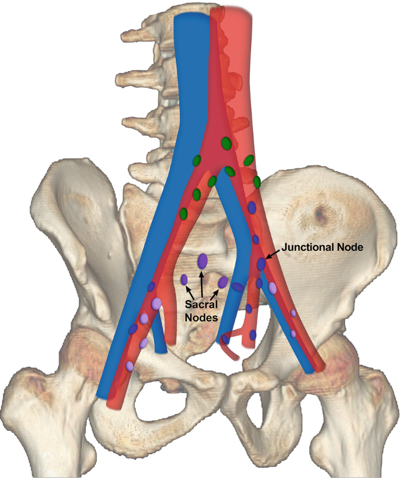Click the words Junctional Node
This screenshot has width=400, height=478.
tap(323, 247)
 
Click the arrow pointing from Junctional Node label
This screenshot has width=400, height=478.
tap(273, 253)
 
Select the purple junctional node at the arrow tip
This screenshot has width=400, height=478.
tap(262, 264)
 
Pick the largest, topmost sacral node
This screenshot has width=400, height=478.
tap(203, 261)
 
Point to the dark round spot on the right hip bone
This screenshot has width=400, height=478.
tap(320, 215)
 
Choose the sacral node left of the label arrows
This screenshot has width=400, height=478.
tap(184, 280)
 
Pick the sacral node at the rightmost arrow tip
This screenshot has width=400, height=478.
tap(223, 282)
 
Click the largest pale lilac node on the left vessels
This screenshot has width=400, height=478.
tap(156, 304)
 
